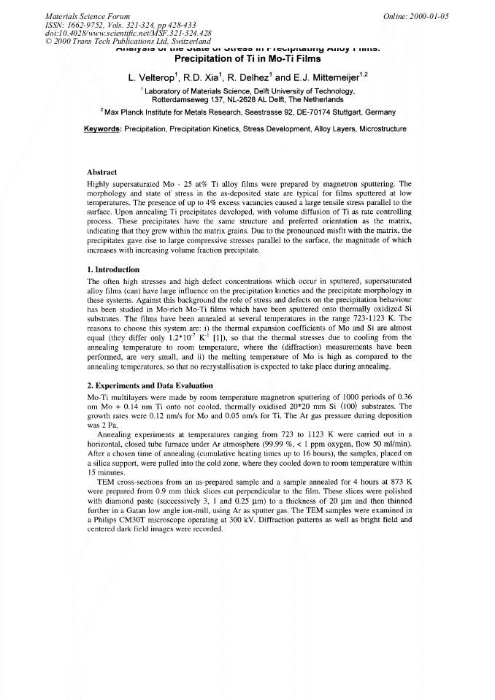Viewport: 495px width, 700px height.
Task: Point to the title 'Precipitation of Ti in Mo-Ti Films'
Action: click(x=247, y=59)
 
